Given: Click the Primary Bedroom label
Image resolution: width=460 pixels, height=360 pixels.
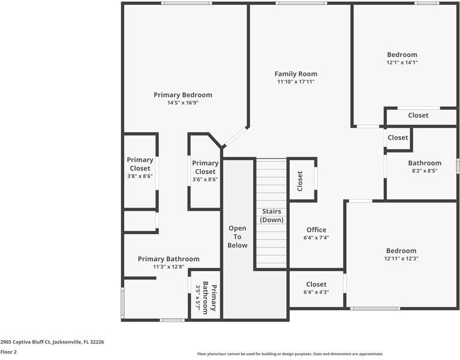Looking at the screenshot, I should pyautogui.click(x=182, y=95).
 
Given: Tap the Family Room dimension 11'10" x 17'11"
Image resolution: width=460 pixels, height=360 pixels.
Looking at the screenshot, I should pyautogui.click(x=296, y=82).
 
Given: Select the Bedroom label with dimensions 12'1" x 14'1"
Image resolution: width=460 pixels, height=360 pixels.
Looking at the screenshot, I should pyautogui.click(x=402, y=55).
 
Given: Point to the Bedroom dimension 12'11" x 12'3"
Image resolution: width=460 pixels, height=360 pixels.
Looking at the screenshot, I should pyautogui.click(x=401, y=259).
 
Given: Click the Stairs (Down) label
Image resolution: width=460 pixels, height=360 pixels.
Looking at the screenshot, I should pyautogui.click(x=270, y=216).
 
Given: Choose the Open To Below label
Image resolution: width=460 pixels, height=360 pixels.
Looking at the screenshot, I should pyautogui.click(x=237, y=236).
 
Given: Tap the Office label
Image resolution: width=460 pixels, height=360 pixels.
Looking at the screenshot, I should pyautogui.click(x=316, y=230).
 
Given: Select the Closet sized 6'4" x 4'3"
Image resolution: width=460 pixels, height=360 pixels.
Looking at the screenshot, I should pyautogui.click(x=316, y=284).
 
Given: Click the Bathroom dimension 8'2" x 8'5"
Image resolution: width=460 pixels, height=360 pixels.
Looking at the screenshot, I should pyautogui.click(x=425, y=171).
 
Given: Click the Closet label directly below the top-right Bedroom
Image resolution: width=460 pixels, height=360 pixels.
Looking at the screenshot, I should pyautogui.click(x=418, y=115).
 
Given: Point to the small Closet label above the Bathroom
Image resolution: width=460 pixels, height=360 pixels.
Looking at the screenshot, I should pyautogui.click(x=398, y=137).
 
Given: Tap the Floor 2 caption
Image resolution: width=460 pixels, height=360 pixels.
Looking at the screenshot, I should pyautogui.click(x=8, y=352).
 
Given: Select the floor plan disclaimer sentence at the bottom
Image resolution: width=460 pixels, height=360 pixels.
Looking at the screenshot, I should pyautogui.click(x=290, y=354).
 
